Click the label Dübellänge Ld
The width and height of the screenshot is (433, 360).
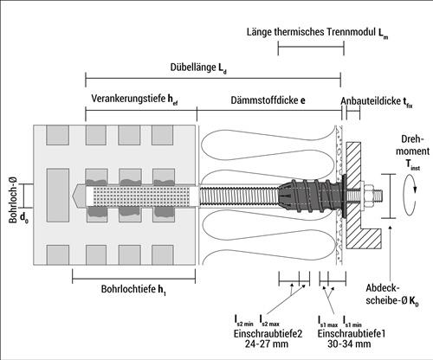[x=198, y=68]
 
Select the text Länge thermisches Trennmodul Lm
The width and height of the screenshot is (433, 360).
[x=317, y=33]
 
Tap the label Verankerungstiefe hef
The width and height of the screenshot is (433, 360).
[x=134, y=100]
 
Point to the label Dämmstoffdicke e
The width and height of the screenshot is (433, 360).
[x=268, y=100]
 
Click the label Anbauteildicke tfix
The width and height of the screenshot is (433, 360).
[x=377, y=101]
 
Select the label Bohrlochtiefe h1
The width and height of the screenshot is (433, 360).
[x=133, y=290]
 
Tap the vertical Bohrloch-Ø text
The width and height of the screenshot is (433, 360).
[x=13, y=199]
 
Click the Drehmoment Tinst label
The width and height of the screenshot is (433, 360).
[x=412, y=152]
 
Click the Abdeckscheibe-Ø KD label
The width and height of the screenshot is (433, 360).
[x=392, y=294]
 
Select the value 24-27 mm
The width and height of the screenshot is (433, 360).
[x=267, y=344]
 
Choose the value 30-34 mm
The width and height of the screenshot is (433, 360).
[x=349, y=344]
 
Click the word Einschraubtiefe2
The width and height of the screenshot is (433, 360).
[x=268, y=334]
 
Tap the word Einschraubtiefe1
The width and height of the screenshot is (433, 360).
[x=352, y=334]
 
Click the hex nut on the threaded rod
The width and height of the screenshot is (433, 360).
[x=368, y=196]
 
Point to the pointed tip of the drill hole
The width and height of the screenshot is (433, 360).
[x=73, y=196]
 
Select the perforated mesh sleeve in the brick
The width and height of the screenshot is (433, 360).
[x=141, y=196]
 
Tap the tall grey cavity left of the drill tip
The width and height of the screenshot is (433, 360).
[x=58, y=196]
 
